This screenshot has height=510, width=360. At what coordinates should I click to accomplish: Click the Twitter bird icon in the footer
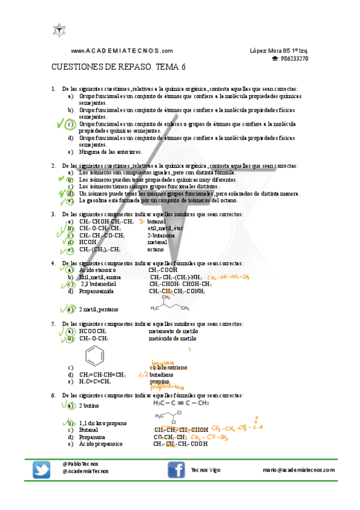pos(41,470)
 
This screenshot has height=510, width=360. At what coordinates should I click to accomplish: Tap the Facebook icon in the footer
pos(175,470)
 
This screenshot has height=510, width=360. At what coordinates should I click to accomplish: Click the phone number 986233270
pos(294,59)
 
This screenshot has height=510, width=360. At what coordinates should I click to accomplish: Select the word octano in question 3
pos(155,250)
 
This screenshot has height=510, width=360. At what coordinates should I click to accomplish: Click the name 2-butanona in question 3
pos(160,236)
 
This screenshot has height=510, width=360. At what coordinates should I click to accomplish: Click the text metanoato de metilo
pos(173,331)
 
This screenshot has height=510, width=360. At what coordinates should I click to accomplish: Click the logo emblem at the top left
pos(59,29)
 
